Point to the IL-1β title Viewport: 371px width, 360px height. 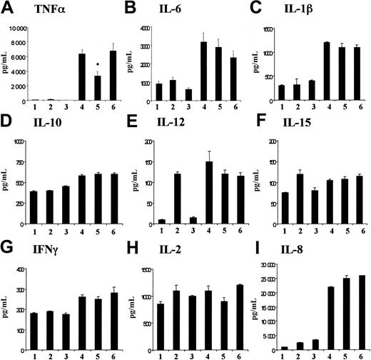click(302, 9)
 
